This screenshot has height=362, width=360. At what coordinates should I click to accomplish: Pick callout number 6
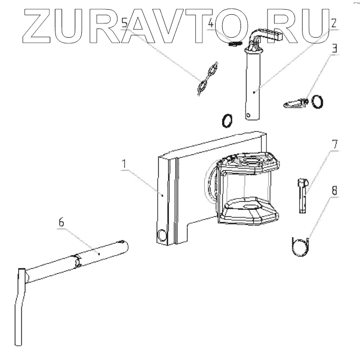click(x=62, y=222)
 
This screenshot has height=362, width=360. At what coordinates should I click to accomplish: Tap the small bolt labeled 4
click(x=234, y=44)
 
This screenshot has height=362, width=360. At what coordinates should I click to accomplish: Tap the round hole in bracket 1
click(x=162, y=235)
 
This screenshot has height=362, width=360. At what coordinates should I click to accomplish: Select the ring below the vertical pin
click(x=228, y=121)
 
